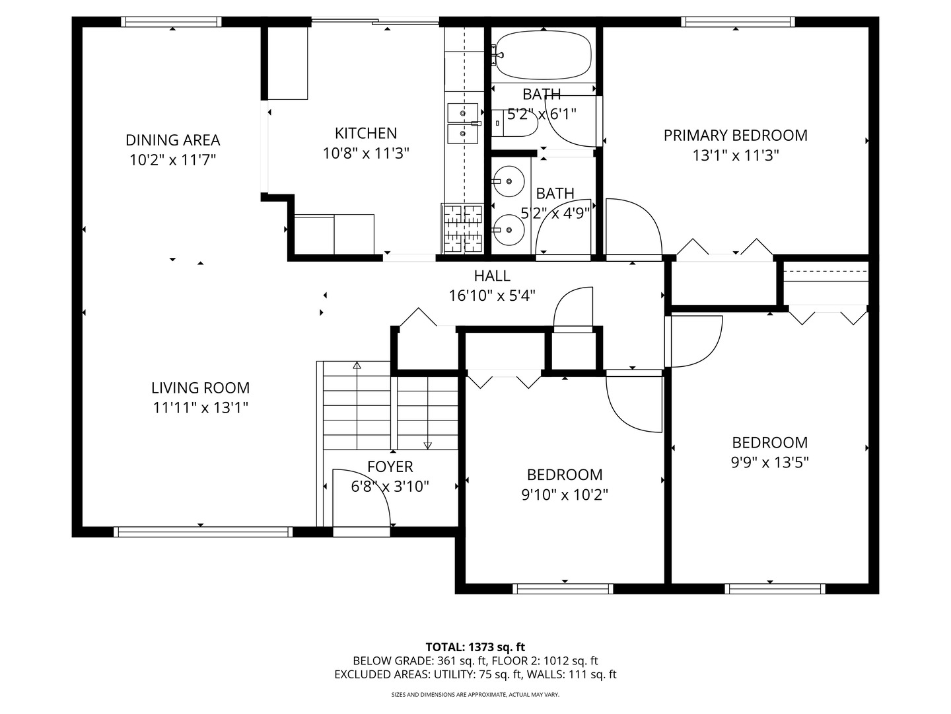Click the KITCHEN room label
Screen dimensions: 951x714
[366, 133]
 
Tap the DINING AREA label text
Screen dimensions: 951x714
[173, 140]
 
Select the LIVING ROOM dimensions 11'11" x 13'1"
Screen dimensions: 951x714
[200, 408]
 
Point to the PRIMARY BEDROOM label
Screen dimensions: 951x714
[735, 136]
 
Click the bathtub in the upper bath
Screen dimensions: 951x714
[542, 56]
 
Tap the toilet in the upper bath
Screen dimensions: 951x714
[514, 123]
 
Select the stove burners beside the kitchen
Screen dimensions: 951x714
[462, 229]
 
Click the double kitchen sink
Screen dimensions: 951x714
[463, 123]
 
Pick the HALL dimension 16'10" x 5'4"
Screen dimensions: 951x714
[492, 296]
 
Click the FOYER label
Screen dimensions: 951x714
[390, 467]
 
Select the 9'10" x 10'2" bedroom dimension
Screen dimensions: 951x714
[565, 495]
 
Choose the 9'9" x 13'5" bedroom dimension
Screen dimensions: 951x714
[770, 463]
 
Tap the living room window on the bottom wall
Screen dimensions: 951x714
[203, 532]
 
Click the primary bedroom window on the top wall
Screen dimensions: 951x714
[738, 22]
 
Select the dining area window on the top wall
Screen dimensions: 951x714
[171, 22]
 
